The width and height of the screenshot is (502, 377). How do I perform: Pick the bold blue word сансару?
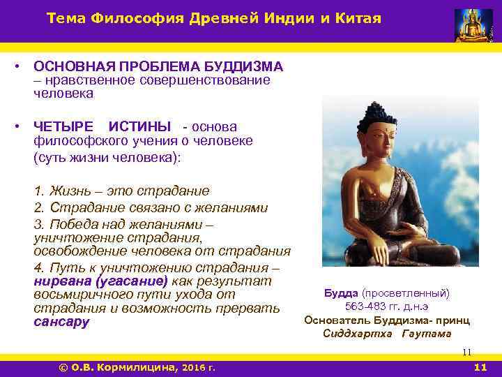point(61,323)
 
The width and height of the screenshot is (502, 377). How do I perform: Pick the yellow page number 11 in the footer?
point(480,367)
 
